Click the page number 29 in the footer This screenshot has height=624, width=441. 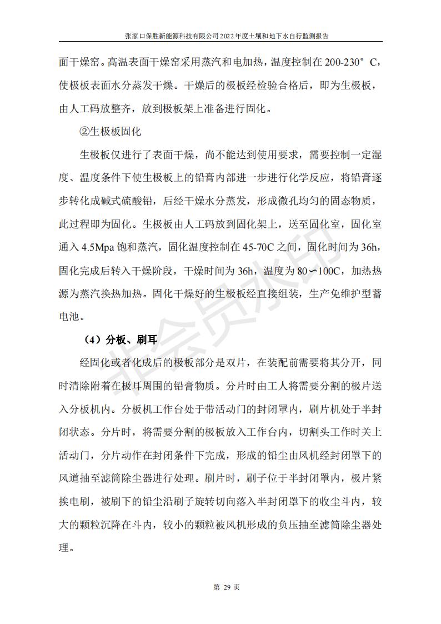click(220, 587)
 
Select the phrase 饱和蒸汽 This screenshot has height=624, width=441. click(133, 248)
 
